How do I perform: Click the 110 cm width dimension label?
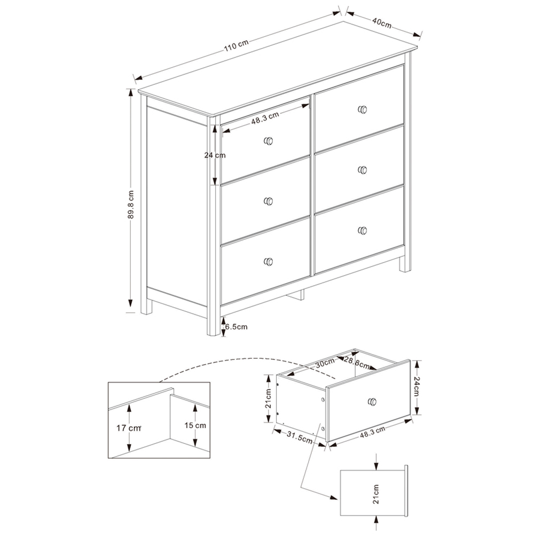pyautogui.click(x=236, y=45)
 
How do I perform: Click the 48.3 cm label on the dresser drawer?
pyautogui.click(x=265, y=118)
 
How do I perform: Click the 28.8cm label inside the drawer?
pyautogui.click(x=357, y=363)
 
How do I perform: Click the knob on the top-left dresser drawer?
pyautogui.click(x=269, y=141)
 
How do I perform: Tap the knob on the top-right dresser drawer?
pyautogui.click(x=363, y=109)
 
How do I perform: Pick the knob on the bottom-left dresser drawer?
pyautogui.click(x=269, y=261)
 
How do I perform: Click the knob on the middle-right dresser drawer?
pyautogui.click(x=363, y=170)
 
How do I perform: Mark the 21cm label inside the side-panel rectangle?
pyautogui.click(x=376, y=494)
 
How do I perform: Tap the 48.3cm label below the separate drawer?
pyautogui.click(x=372, y=433)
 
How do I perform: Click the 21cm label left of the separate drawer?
pyautogui.click(x=269, y=397)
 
